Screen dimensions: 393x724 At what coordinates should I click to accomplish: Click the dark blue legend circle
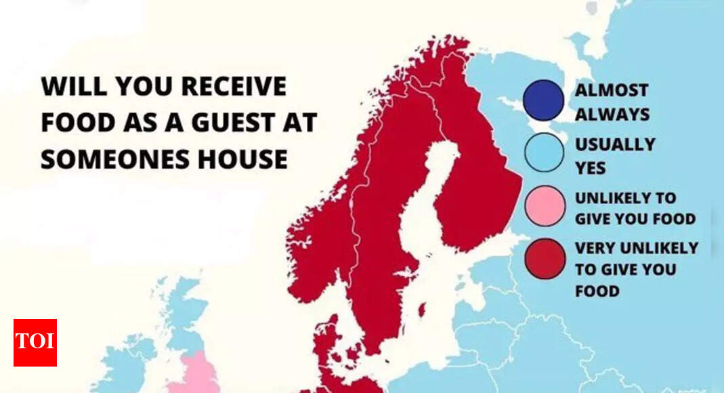(x=542, y=100)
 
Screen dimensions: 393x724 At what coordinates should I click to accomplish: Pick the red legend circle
(x=544, y=259)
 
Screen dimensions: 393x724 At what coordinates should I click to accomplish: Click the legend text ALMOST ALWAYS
(x=611, y=102)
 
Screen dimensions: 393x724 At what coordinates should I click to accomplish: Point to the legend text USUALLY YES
(x=614, y=154)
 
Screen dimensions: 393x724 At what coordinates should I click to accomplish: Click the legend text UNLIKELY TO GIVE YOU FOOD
(x=635, y=208)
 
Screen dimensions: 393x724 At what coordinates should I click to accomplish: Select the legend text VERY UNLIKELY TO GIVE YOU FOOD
(x=635, y=269)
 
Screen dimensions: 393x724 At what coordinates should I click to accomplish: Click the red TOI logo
(x=35, y=342)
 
